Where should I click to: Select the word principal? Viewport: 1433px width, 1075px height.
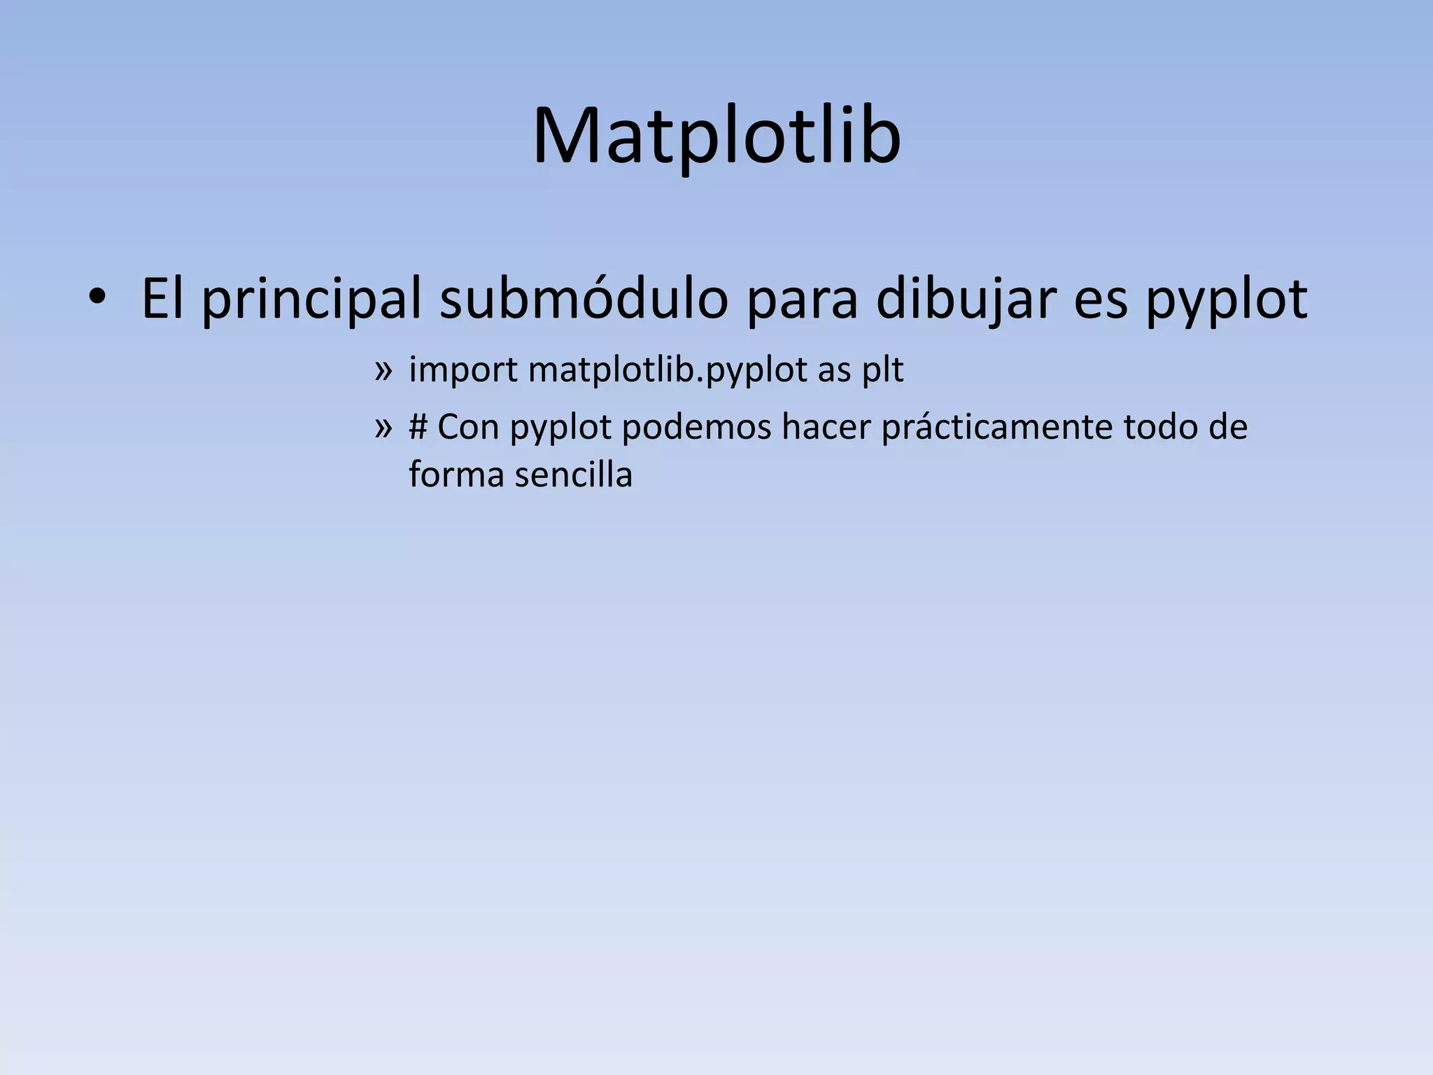[311, 300]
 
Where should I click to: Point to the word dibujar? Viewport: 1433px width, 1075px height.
[966, 300]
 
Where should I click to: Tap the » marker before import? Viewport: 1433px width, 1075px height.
[383, 370]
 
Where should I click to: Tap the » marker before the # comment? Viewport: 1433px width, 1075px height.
[383, 427]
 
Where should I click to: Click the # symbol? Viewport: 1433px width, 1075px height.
[418, 427]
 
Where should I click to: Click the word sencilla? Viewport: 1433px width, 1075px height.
[574, 475]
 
